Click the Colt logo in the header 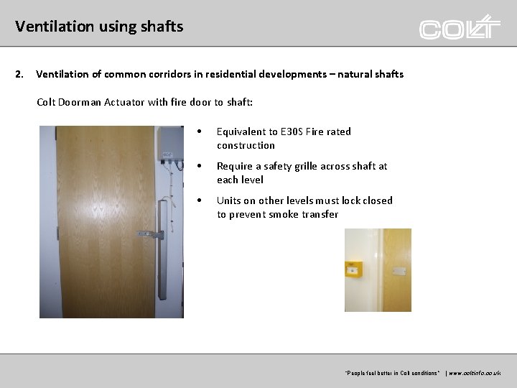(x=460, y=28)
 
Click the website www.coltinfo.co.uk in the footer (x=475, y=374)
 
